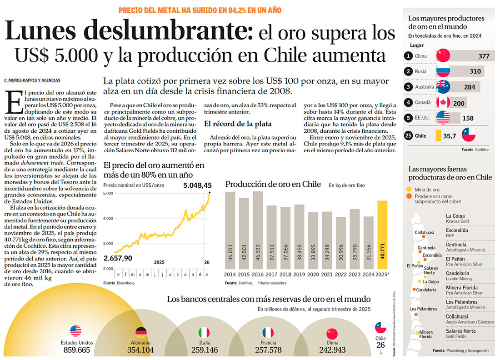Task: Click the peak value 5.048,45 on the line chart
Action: coord(197,185)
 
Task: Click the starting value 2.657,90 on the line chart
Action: coord(118,258)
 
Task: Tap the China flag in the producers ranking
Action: coord(443,56)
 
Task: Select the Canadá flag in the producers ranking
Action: coord(443,103)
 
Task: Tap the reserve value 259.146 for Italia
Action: coord(205,350)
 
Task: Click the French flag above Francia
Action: coord(268,332)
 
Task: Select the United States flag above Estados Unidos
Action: coord(76,331)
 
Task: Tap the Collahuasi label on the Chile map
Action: coord(424,232)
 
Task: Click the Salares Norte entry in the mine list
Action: coord(461,331)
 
